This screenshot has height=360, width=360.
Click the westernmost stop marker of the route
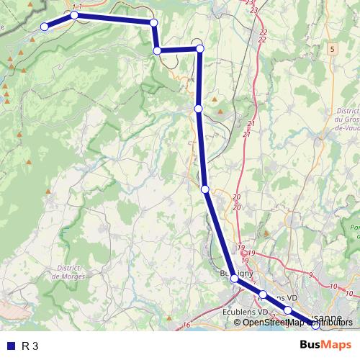[45, 27]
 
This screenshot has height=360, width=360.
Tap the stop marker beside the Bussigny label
[235, 278]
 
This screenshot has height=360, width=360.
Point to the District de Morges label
[70, 271]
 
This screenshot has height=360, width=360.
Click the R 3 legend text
[30, 346]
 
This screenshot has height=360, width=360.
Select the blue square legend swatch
[10, 346]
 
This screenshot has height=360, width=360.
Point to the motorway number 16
[186, 326]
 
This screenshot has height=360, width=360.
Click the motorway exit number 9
[310, 275]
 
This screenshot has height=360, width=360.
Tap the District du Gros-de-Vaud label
[348, 120]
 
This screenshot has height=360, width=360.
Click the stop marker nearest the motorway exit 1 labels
[74, 14]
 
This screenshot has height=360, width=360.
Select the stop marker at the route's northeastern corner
[200, 48]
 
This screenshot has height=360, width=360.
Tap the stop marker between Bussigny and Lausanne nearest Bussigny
[264, 294]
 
